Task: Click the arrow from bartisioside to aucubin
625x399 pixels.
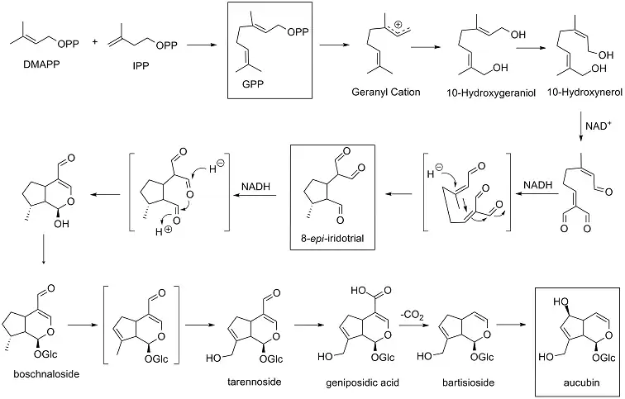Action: click(518, 325)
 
